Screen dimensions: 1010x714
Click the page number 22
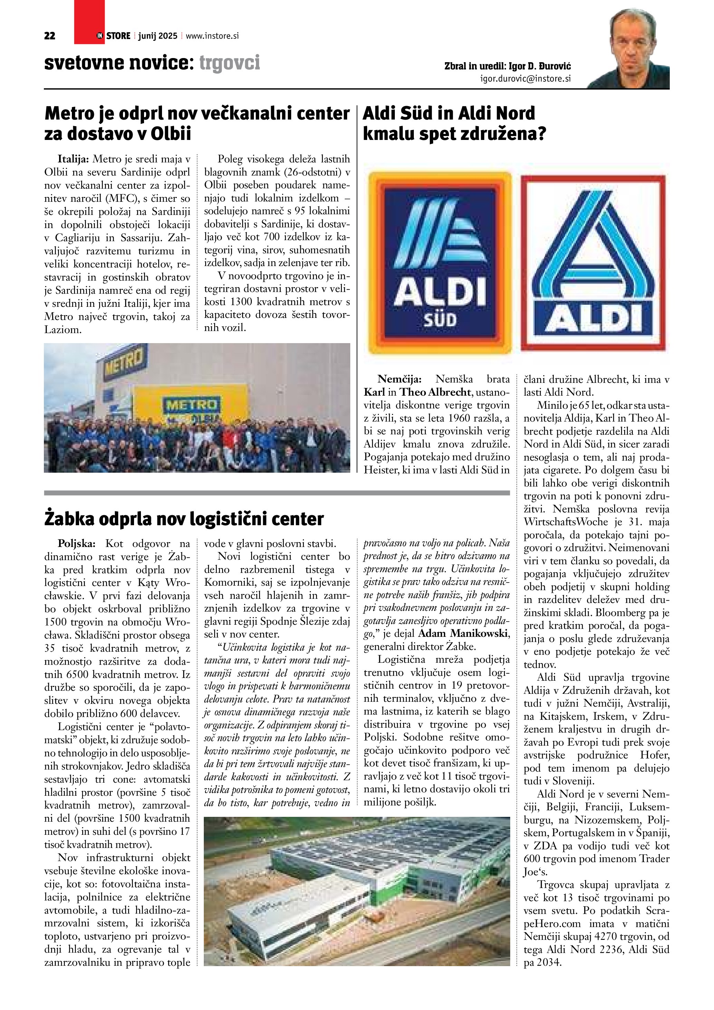pos(50,36)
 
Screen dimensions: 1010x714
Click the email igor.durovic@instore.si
pos(525,79)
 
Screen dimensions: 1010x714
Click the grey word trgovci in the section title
pos(229,63)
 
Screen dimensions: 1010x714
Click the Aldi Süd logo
pos(440,263)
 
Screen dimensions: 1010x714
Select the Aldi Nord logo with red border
pos(593,263)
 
